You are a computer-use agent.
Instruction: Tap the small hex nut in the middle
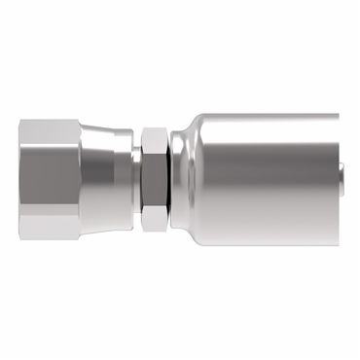coord(154,180)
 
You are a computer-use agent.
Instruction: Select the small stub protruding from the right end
coord(345,180)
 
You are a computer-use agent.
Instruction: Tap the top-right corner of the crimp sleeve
coord(337,115)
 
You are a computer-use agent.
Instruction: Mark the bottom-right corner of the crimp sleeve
coord(337,245)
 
